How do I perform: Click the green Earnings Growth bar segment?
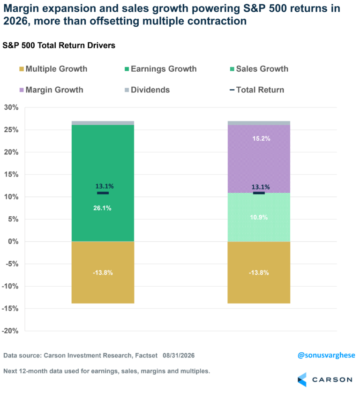(103, 183)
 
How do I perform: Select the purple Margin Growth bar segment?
(259, 159)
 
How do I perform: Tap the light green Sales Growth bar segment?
(259, 217)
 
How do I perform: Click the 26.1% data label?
(102, 208)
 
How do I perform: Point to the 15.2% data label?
(262, 138)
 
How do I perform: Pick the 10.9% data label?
(259, 217)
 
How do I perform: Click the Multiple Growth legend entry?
(53, 69)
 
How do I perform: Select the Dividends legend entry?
(147, 90)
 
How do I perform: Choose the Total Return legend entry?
(257, 90)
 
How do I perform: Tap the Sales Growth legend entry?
(259, 69)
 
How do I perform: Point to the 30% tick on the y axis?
(11, 107)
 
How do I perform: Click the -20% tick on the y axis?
(10, 331)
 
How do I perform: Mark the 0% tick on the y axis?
(13, 242)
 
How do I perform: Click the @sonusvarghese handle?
(326, 356)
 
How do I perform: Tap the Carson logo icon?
(302, 379)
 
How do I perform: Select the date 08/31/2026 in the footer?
(179, 356)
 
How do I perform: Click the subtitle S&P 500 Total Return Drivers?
(59, 45)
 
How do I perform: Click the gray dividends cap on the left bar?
(103, 123)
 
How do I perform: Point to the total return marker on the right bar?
(259, 193)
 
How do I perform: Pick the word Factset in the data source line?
(146, 356)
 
